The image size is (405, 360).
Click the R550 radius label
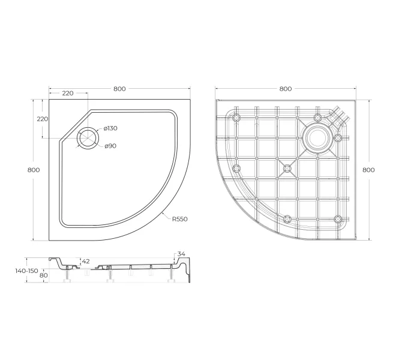pos(180,219)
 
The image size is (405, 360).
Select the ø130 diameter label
pos(110,129)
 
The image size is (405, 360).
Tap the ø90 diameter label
pos(110,146)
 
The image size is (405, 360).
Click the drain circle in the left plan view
pos(88,137)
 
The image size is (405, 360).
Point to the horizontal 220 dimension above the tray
pos(67,93)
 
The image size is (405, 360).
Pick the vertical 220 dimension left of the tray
pos(42,119)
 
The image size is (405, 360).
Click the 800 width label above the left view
pos(119,89)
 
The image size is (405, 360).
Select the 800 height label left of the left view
pos(34,170)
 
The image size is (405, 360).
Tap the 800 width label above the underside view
pos(286,89)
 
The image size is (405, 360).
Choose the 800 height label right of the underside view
pos(368,170)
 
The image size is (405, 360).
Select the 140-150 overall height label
pos(26,271)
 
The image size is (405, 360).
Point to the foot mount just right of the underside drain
pos(338,138)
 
